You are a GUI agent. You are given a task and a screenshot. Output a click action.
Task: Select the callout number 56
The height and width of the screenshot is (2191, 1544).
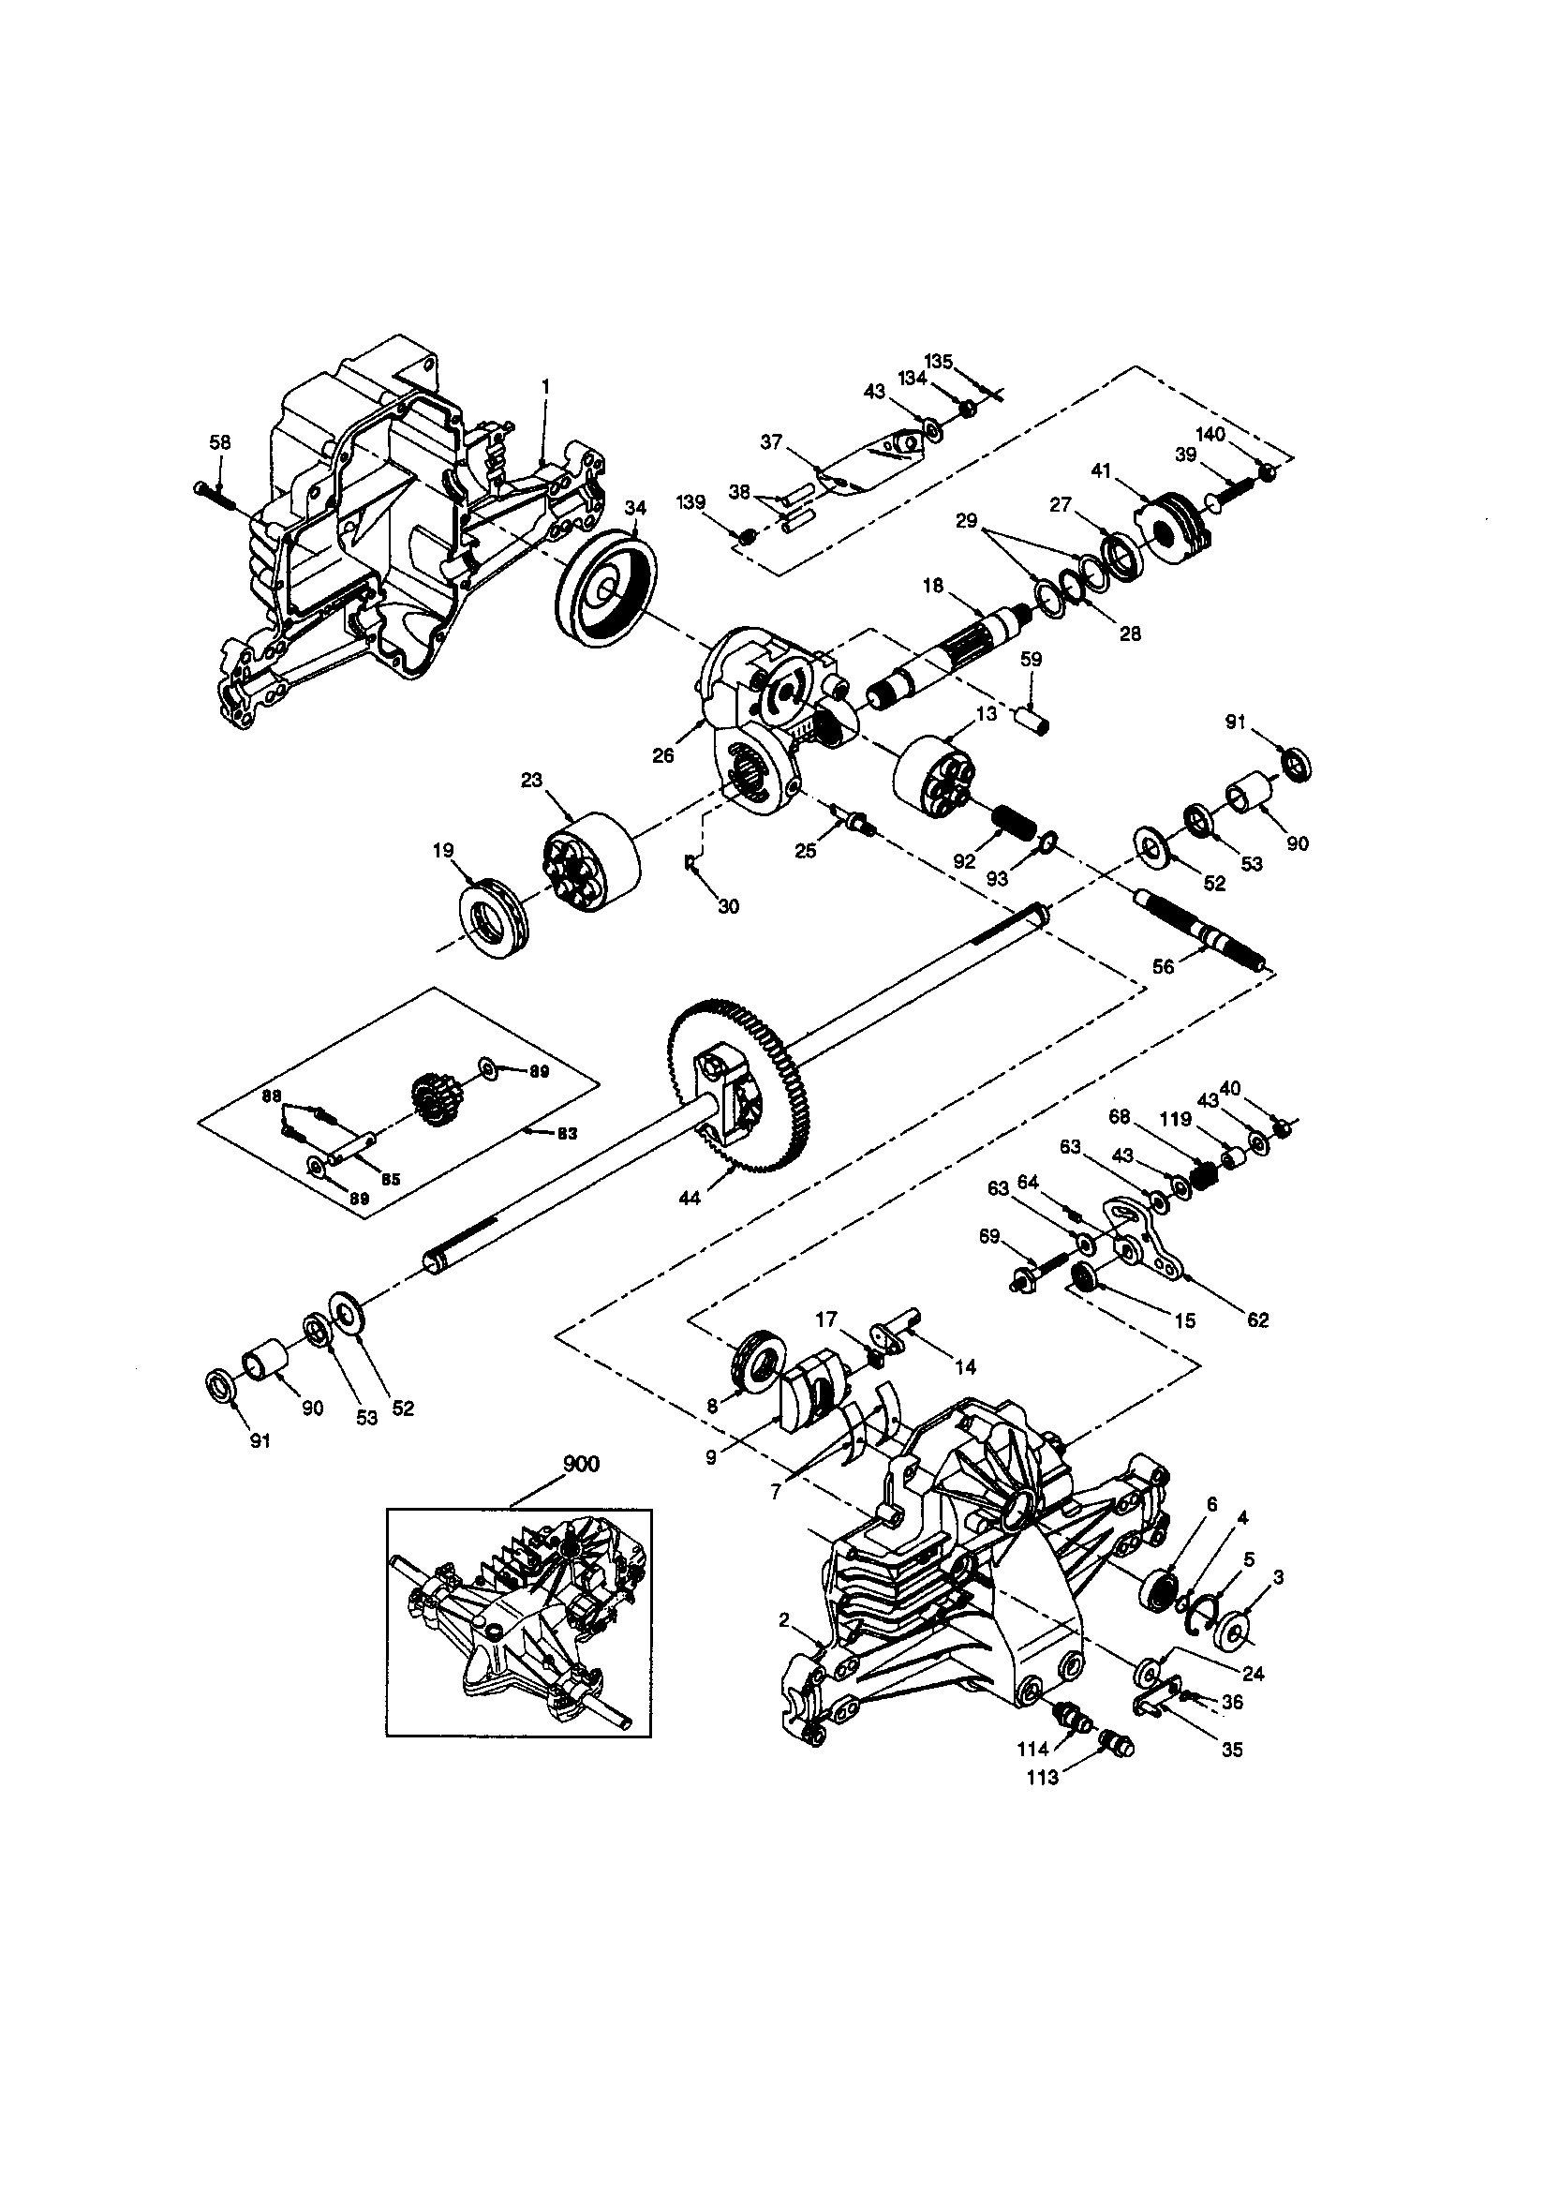1164,966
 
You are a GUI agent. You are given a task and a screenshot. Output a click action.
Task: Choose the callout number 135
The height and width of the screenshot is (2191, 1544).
939,361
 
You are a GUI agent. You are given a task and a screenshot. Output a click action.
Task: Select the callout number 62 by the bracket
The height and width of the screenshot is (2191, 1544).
1257,1319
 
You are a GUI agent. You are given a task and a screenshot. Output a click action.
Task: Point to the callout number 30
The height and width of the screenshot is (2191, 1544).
728,905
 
